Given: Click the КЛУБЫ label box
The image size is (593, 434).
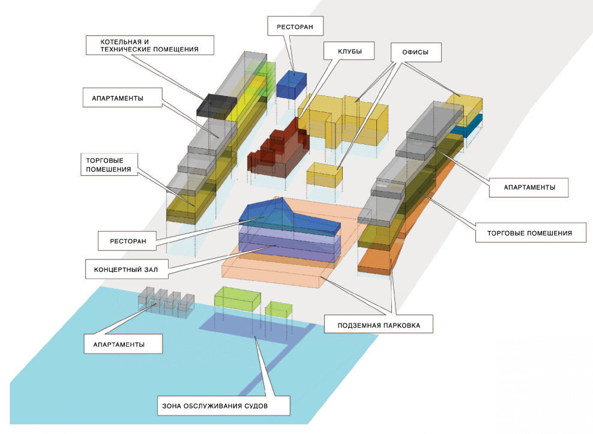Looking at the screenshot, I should (x=348, y=51).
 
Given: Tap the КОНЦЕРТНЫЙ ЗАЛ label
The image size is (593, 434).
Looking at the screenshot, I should (x=125, y=269).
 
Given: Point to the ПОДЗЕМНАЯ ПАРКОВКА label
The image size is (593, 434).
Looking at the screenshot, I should (x=379, y=326).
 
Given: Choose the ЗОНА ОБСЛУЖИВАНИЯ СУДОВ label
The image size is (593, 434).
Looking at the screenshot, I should (x=223, y=406).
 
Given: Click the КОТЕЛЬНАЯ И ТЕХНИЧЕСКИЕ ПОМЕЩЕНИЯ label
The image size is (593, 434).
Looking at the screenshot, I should (x=149, y=46).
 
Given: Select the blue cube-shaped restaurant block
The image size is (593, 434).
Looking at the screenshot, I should (x=292, y=85).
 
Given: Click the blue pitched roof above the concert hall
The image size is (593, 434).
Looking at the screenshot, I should (x=288, y=216).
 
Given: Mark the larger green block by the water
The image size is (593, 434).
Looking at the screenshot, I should (x=238, y=298).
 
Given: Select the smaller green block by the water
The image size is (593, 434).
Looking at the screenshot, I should (x=278, y=308).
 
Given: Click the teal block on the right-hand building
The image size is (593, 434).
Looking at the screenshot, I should (x=468, y=127).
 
